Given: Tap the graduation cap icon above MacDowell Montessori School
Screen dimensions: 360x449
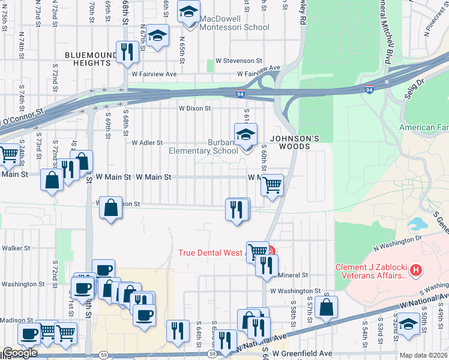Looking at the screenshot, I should point(189,13).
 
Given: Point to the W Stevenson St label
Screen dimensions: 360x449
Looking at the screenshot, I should point(239,61).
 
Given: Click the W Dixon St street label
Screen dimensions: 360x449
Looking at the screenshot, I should point(194,109).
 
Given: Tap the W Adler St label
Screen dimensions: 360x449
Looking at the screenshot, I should point(148,143).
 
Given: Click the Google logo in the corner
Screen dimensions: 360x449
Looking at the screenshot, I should point(19,353).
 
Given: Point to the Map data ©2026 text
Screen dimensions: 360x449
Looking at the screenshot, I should point(423,355).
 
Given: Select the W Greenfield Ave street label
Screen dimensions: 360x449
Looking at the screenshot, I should point(307,353).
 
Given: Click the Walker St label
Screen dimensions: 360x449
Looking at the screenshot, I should point(16,247).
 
